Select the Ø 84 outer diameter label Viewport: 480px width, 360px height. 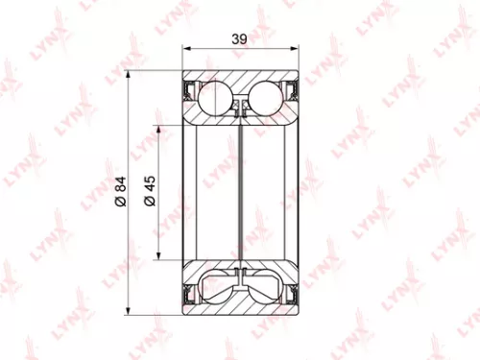[120, 190]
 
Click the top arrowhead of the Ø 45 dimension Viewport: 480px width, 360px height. [156, 127]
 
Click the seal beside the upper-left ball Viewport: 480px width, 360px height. [190, 94]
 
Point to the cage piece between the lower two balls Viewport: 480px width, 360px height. [243, 284]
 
